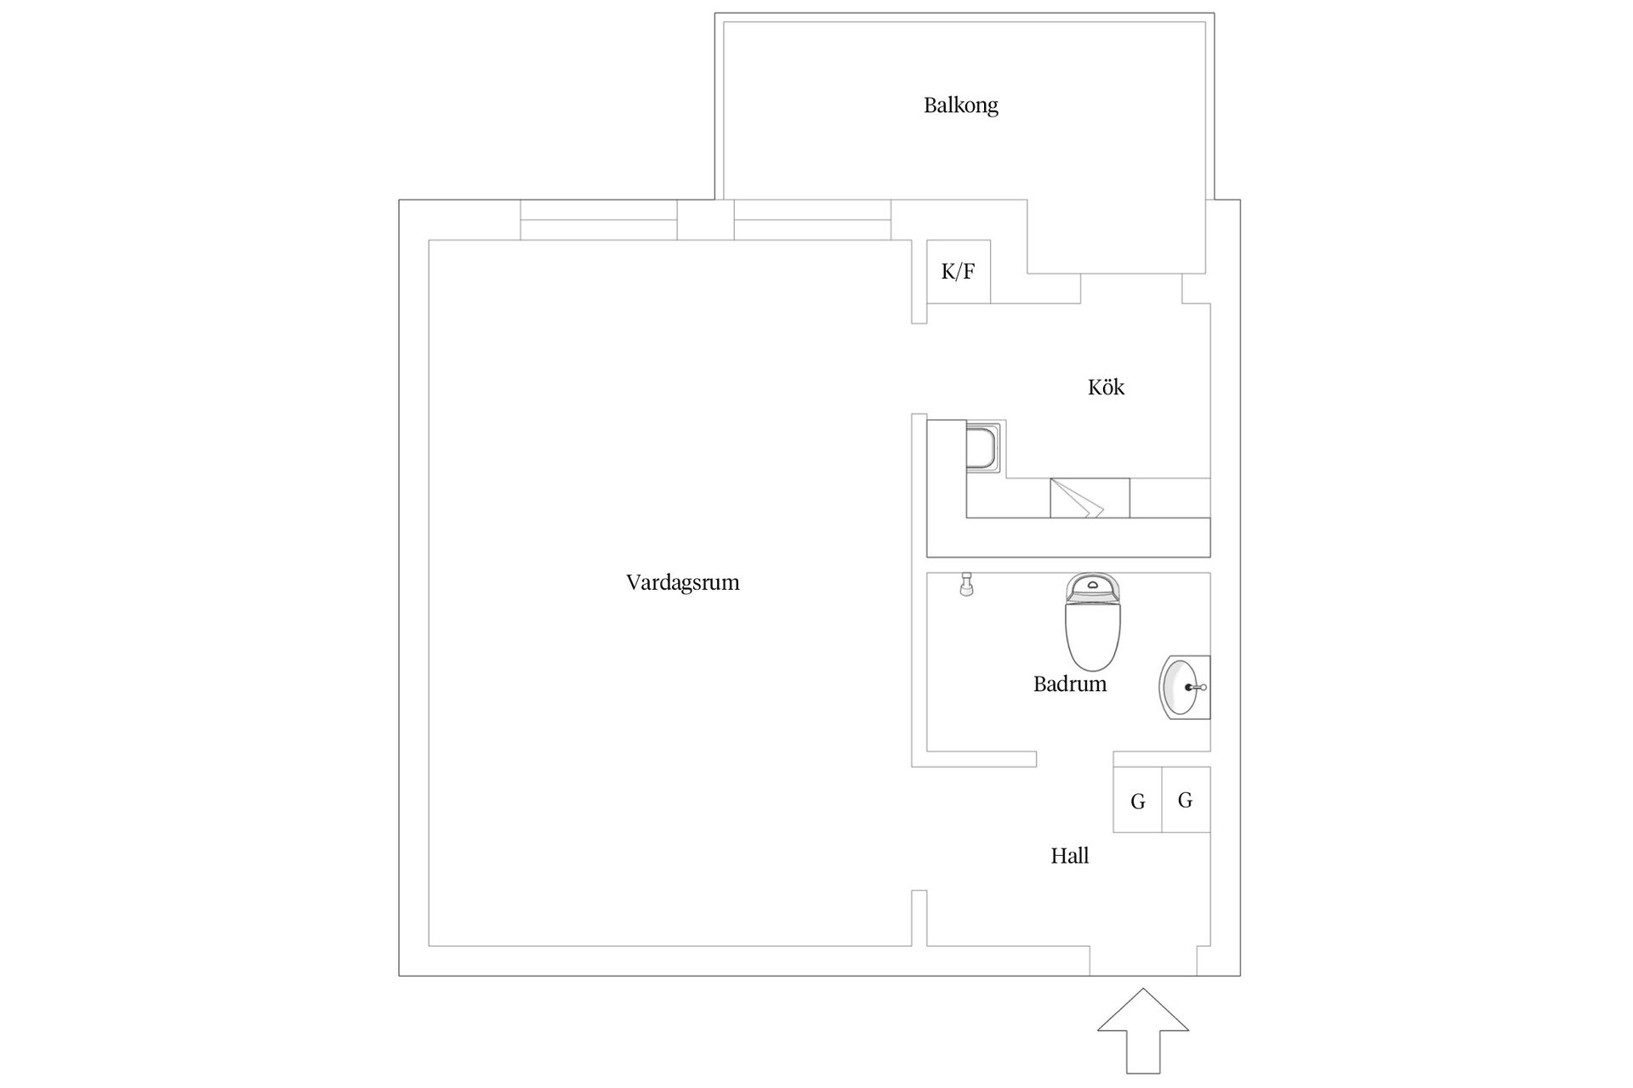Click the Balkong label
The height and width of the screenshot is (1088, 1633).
point(960,105)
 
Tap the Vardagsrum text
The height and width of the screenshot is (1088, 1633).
point(682,583)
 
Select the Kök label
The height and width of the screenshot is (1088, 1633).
point(1106,388)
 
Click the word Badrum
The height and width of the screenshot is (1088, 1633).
point(1069,684)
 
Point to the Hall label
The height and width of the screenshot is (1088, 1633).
point(1069,856)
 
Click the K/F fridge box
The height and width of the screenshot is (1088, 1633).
point(958,272)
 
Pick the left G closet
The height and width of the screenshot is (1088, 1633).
point(1137,800)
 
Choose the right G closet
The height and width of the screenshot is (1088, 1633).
point(1186,800)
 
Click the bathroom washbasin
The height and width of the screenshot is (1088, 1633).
point(1183,687)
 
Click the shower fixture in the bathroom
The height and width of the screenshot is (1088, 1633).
point(965,584)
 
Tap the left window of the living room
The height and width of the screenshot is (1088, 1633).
point(598,220)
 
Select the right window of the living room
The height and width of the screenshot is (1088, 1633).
point(812,220)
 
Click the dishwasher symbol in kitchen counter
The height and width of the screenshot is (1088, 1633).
point(1090,498)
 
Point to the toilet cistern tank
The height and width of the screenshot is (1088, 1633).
point(1092,586)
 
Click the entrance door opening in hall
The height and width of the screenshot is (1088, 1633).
point(1143,960)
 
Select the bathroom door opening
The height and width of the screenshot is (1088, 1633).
point(1074,759)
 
